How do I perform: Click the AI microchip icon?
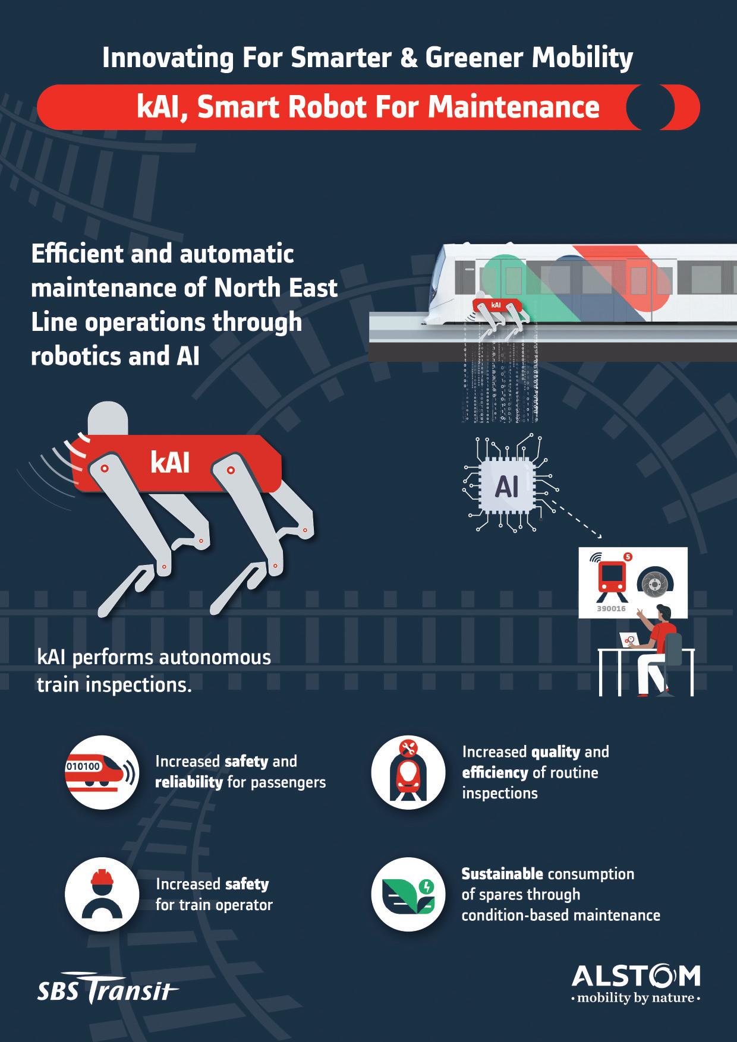506,488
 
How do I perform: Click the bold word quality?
555,752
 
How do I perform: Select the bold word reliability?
188,782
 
